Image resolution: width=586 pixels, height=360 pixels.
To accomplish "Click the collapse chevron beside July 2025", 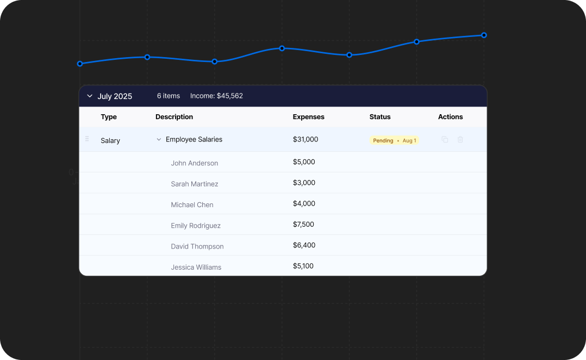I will tap(90, 96).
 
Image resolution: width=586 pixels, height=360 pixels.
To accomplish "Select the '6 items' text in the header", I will tap(169, 96).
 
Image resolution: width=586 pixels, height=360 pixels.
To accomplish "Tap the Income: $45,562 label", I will tap(216, 96).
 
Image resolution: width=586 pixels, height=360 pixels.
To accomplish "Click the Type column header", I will tap(109, 117).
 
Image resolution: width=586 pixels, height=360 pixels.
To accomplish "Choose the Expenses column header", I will tap(308, 117).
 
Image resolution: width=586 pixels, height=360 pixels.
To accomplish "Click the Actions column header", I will tap(450, 117).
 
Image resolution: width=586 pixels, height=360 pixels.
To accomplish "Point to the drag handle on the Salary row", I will tap(87, 139).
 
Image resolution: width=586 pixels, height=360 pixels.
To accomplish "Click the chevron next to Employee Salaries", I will tap(159, 140).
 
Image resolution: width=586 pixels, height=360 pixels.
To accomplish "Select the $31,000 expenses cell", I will tap(306, 140).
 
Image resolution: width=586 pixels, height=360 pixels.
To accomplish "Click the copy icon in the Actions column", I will tap(445, 140).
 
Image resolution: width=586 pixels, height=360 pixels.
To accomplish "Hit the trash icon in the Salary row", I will tap(460, 140).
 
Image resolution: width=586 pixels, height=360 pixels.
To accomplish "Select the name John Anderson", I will tap(194, 163).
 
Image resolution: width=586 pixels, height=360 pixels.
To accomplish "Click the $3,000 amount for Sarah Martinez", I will tap(304, 183).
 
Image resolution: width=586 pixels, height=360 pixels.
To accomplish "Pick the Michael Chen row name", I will tap(192, 205).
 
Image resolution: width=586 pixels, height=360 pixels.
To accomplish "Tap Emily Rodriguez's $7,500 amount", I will tap(303, 225).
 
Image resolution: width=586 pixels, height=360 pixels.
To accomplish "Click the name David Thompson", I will tap(197, 246).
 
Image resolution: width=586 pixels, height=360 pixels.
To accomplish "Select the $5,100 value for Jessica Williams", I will tap(303, 266).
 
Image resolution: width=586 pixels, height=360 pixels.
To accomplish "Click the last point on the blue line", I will tap(484, 35).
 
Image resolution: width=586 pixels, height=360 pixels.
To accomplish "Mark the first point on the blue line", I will tap(80, 64).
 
